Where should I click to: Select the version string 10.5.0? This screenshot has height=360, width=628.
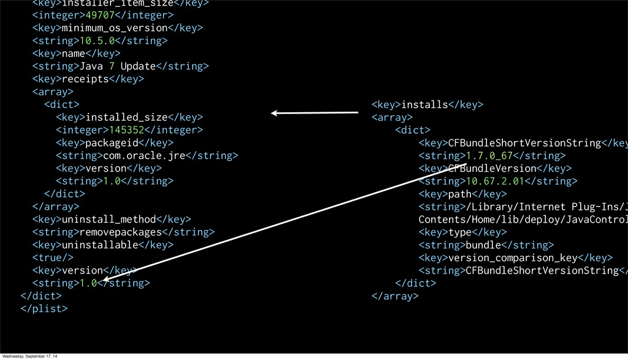click(98, 40)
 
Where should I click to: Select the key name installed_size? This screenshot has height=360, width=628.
click(127, 117)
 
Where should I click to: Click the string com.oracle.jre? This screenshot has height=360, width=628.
click(144, 156)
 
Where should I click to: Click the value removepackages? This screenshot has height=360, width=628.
click(121, 232)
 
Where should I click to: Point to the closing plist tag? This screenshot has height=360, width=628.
click(44, 308)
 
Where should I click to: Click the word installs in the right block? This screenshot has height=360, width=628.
click(424, 104)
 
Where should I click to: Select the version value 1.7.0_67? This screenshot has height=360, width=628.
click(489, 156)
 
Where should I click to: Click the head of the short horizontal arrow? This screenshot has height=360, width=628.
click(274, 113)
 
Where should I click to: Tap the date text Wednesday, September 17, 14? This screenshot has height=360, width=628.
click(30, 356)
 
